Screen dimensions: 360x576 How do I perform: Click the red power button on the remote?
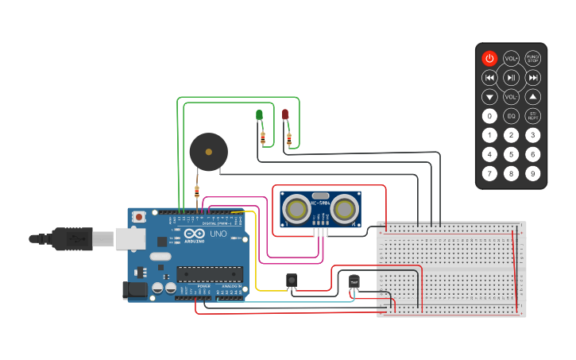[489, 58]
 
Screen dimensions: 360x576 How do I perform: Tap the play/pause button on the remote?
[512, 77]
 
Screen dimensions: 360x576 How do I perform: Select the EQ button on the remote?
[512, 116]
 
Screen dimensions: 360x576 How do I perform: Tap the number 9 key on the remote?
[533, 173]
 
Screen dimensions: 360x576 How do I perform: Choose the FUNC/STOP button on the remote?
[533, 58]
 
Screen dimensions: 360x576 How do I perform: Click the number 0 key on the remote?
[489, 116]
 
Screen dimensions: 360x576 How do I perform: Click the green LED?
[259, 115]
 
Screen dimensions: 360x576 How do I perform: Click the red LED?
[285, 115]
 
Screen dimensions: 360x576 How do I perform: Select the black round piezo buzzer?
[208, 151]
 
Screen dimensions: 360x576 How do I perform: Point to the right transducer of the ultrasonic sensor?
[345, 210]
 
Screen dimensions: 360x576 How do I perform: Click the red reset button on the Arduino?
[139, 216]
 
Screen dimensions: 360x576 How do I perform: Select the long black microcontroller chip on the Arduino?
[210, 274]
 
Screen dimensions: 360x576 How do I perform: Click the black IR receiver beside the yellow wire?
[292, 280]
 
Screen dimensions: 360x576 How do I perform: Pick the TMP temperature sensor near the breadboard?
[354, 281]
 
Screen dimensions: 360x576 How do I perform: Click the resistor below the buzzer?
[197, 191]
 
